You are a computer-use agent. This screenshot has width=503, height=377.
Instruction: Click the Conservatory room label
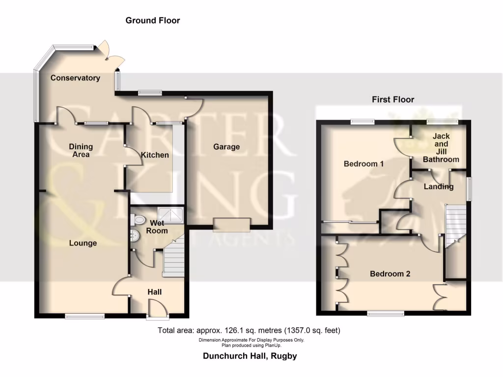(75, 78)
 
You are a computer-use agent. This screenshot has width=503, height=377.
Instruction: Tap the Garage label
(226, 146)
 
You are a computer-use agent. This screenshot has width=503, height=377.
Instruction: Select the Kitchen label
(155, 155)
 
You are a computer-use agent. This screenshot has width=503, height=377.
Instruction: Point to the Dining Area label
(81, 151)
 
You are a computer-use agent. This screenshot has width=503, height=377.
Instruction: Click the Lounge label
(83, 243)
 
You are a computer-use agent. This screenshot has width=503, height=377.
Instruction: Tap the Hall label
(155, 292)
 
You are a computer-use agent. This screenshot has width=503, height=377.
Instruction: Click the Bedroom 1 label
(363, 163)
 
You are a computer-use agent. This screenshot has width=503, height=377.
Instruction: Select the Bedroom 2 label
(390, 274)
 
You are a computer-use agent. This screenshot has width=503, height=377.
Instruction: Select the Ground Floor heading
(153, 21)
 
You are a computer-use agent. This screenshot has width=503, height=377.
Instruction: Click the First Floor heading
(392, 100)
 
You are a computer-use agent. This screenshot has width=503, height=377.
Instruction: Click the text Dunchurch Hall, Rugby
(250, 356)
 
